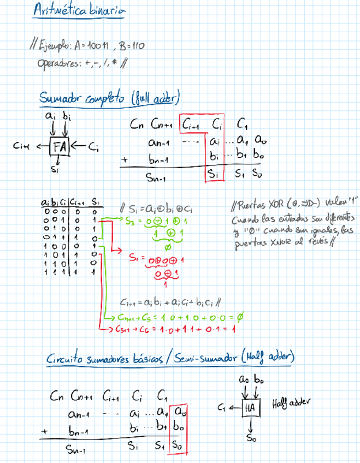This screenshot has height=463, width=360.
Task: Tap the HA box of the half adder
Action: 251,407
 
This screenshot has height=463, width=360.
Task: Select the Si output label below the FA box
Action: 54,170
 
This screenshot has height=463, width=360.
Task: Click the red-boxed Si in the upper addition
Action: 214,175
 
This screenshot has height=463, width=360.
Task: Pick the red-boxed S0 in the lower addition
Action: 178,446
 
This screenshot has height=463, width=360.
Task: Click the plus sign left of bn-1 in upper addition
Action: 125,161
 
